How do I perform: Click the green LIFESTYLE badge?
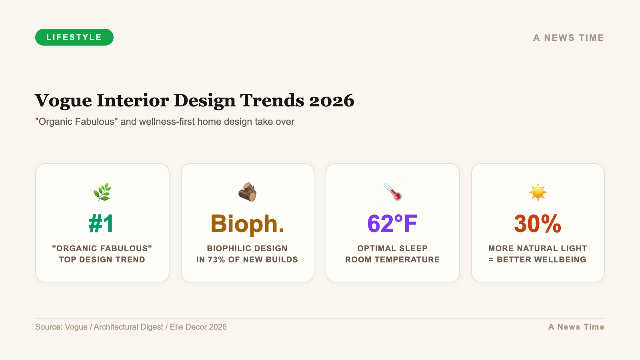pyautogui.click(x=74, y=37)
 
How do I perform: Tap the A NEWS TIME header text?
pyautogui.click(x=568, y=38)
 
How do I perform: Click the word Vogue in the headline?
pyautogui.click(x=63, y=100)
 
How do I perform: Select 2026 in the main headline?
pyautogui.click(x=332, y=100)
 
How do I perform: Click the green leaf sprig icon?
pyautogui.click(x=102, y=192)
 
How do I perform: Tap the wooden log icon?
pyautogui.click(x=247, y=192)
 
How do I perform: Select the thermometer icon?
pyautogui.click(x=393, y=192)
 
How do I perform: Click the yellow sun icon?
pyautogui.click(x=538, y=192)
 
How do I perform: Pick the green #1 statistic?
pyautogui.click(x=102, y=224)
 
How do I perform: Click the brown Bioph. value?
pyautogui.click(x=247, y=224)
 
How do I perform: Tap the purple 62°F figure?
pyautogui.click(x=392, y=224)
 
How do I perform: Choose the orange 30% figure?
pyautogui.click(x=538, y=224)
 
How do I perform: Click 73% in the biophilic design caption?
pyautogui.click(x=216, y=260)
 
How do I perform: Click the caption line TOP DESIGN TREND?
pyautogui.click(x=102, y=260)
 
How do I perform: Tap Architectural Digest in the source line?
pyautogui.click(x=128, y=327)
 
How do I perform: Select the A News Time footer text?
pyautogui.click(x=576, y=327)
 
